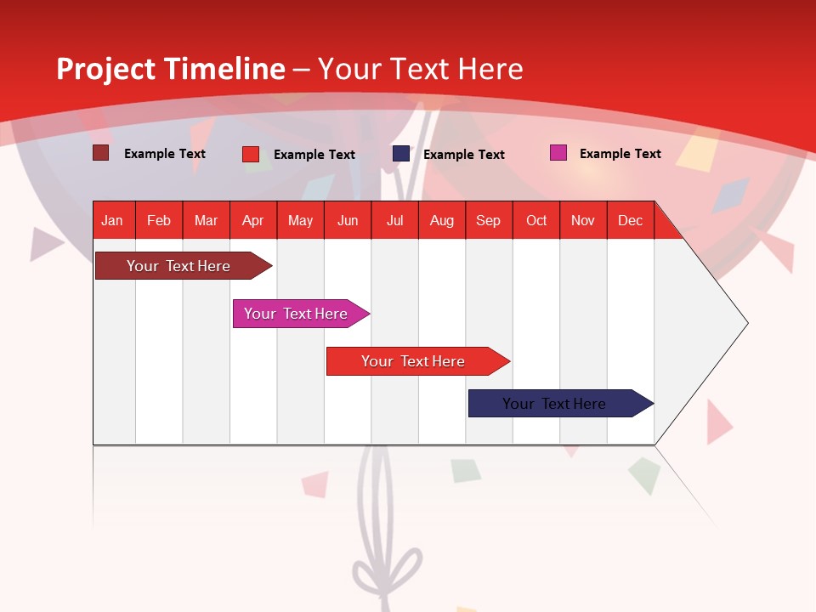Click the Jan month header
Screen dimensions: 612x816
pos(112,221)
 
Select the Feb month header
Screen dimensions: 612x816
pos(159,221)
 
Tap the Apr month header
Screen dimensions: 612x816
pos(253,221)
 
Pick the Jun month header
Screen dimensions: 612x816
pos(348,221)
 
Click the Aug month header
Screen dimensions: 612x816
pos(442,221)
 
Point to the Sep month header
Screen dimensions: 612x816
pos(489,221)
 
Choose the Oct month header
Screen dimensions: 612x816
pos(536,221)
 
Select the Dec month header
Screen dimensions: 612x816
pos(631,221)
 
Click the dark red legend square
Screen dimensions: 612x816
pos(101,153)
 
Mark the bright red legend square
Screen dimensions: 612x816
pos(251,154)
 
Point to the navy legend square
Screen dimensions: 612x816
pos(401,154)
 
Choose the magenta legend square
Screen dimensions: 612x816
pos(558,153)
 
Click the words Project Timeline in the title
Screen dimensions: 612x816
pos(171,69)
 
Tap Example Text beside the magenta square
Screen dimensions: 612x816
pos(620,154)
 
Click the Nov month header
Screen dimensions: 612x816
pos(583,221)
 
